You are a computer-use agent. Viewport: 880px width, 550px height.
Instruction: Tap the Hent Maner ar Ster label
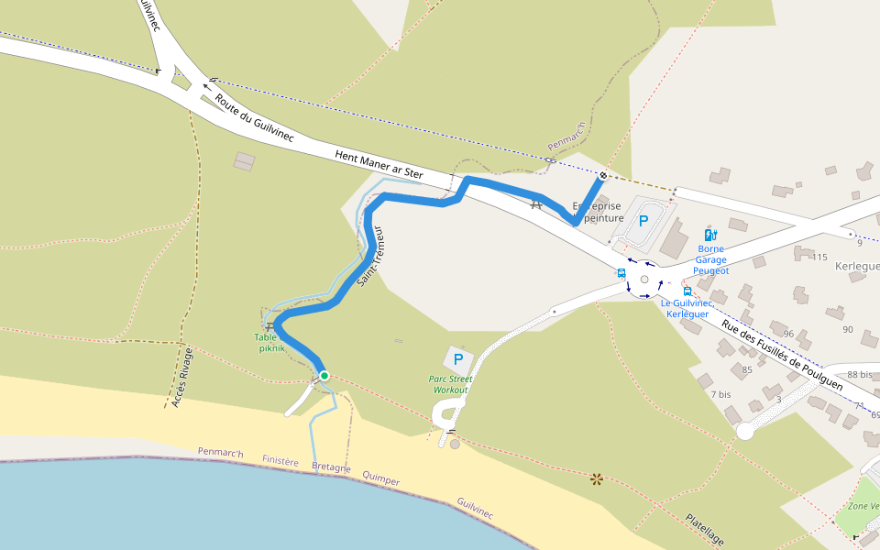[x=379, y=164]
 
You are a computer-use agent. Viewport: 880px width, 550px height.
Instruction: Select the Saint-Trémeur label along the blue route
[x=372, y=258]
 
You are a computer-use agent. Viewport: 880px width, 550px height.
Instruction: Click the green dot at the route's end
[x=324, y=375]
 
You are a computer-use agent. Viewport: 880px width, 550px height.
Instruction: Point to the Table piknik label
[x=271, y=343]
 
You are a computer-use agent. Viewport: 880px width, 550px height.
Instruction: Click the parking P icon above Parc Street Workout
[x=458, y=359]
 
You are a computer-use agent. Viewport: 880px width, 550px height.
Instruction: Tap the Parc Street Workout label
[x=450, y=384]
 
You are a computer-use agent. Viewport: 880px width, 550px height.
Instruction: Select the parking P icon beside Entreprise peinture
[x=643, y=220]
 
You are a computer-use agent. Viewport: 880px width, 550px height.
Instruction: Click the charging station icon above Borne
[x=709, y=235]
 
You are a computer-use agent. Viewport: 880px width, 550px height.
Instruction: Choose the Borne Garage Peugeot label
[x=711, y=259]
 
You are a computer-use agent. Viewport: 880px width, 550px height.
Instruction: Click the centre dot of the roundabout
[x=644, y=280]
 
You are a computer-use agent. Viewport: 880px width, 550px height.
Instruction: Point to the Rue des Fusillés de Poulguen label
[x=782, y=356]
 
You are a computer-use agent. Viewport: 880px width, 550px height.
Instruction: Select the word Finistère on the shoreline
[x=280, y=461]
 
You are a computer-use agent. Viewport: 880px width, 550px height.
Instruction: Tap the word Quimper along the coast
[x=380, y=478]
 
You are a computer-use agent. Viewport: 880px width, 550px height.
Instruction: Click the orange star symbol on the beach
[x=598, y=478]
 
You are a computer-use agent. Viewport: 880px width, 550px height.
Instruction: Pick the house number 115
[x=819, y=257]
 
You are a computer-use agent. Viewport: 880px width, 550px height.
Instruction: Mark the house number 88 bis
[x=860, y=374]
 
